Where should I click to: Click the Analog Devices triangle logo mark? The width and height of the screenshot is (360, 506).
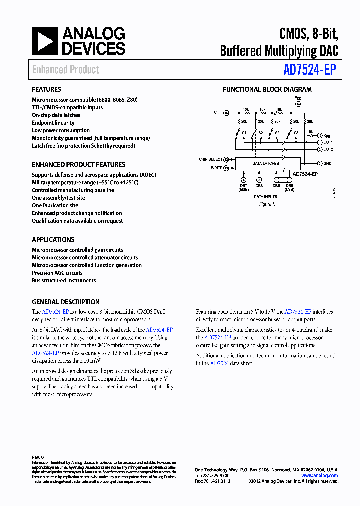[x=45, y=41]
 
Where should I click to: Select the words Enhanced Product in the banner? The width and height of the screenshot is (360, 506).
[x=65, y=70]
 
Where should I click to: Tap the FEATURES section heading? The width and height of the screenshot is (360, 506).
[x=47, y=90]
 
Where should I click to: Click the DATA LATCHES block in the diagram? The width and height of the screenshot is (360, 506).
[x=265, y=163]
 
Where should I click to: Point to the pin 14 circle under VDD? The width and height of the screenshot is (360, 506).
[x=298, y=104]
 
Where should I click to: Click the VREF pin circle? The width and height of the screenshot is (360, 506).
[x=226, y=113]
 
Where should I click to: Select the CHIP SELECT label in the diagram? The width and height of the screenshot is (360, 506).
[x=210, y=159]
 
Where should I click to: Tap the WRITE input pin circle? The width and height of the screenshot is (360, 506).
[x=226, y=168]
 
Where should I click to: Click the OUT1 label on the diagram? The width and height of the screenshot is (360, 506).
[x=328, y=142]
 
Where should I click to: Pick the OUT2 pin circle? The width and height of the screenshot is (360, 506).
[x=320, y=149]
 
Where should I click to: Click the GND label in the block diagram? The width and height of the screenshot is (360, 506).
[x=328, y=163]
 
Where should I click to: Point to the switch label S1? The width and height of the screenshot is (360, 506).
[x=244, y=133]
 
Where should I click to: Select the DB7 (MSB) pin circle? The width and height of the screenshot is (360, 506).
[x=243, y=180]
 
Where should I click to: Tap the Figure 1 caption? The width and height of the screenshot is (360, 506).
[x=267, y=204]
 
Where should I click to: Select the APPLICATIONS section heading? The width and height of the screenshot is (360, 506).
[x=53, y=240]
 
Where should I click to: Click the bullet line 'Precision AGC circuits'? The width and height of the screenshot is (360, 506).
[x=57, y=273]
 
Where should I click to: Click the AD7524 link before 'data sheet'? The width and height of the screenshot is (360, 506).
[x=219, y=363]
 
